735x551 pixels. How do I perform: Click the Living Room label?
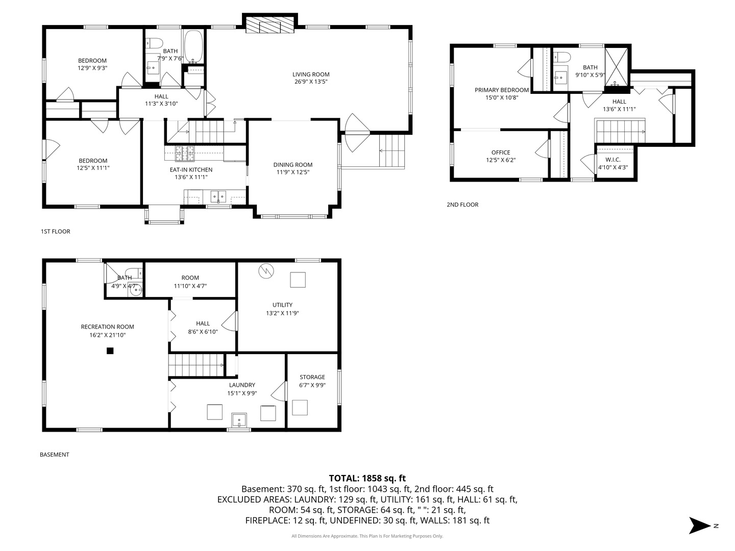tap(310, 74)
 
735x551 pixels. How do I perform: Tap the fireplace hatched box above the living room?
tap(269, 26)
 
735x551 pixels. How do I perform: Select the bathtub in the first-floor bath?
tap(193, 46)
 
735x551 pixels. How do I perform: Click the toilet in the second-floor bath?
tap(561, 58)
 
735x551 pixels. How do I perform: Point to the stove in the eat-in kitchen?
tap(184, 154)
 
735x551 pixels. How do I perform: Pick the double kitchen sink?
tap(218, 196)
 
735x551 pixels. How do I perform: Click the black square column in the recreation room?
tap(110, 350)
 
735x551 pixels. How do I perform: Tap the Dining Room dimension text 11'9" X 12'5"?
tap(292, 172)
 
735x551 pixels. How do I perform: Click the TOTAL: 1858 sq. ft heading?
tap(367, 478)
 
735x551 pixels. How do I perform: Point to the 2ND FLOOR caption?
tap(462, 205)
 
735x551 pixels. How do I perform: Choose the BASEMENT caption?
tap(54, 454)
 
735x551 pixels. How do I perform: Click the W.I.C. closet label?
tap(613, 160)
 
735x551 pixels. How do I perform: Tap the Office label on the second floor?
tap(501, 152)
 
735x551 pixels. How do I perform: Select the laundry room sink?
tap(239, 420)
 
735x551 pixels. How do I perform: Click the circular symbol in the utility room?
tap(266, 271)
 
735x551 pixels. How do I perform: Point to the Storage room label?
tap(312, 377)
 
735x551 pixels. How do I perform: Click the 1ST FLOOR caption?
tap(55, 231)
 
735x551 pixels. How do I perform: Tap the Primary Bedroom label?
tap(502, 90)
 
